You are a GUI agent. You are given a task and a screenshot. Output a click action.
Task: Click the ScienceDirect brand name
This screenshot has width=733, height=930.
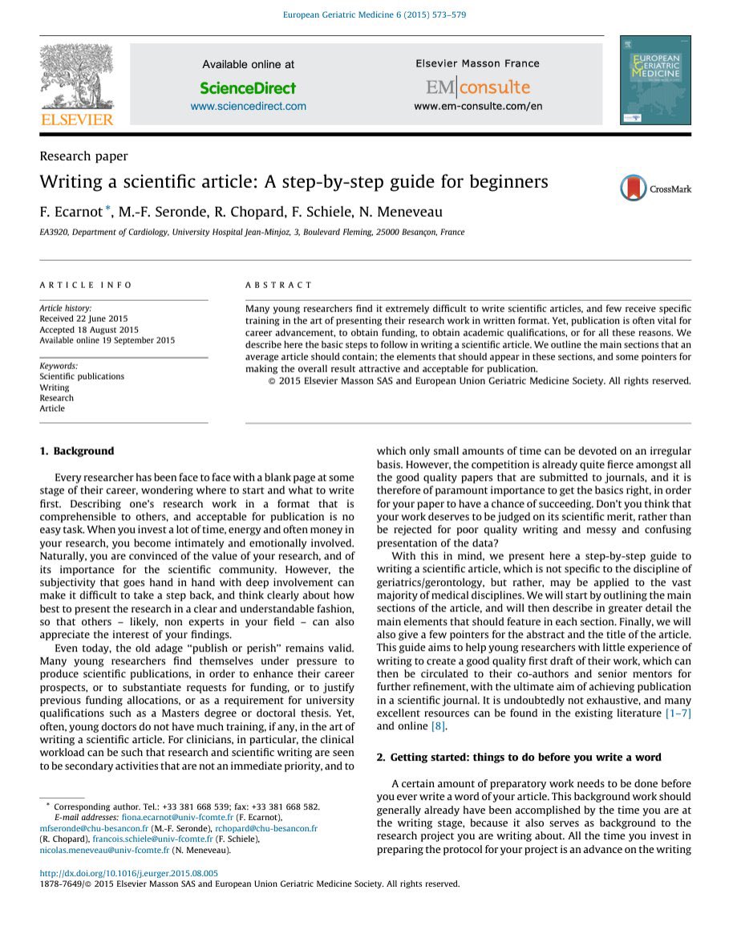[248, 88]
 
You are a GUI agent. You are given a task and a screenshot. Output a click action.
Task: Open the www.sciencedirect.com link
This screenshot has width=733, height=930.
[248, 106]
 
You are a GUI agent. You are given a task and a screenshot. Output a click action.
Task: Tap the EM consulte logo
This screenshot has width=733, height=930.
[477, 87]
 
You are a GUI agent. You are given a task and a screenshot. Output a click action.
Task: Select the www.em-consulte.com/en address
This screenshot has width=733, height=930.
[478, 106]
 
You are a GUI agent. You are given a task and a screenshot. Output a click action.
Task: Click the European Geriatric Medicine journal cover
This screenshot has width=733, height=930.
[654, 79]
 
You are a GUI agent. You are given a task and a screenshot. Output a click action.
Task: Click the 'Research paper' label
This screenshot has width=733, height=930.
[83, 156]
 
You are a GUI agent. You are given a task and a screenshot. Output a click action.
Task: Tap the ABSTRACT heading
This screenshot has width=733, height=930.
[278, 285]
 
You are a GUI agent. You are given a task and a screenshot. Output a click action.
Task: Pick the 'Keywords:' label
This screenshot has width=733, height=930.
[59, 366]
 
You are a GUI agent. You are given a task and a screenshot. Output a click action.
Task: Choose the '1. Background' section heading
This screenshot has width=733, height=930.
[77, 451]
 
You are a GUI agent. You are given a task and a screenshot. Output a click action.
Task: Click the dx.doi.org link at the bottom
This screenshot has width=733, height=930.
[128, 873]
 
